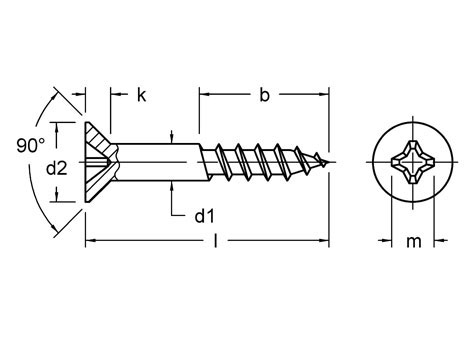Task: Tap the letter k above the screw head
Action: (141, 96)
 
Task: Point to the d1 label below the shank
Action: (205, 213)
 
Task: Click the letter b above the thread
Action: (264, 96)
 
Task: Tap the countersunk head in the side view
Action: (98, 160)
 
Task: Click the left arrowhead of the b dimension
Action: (205, 96)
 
